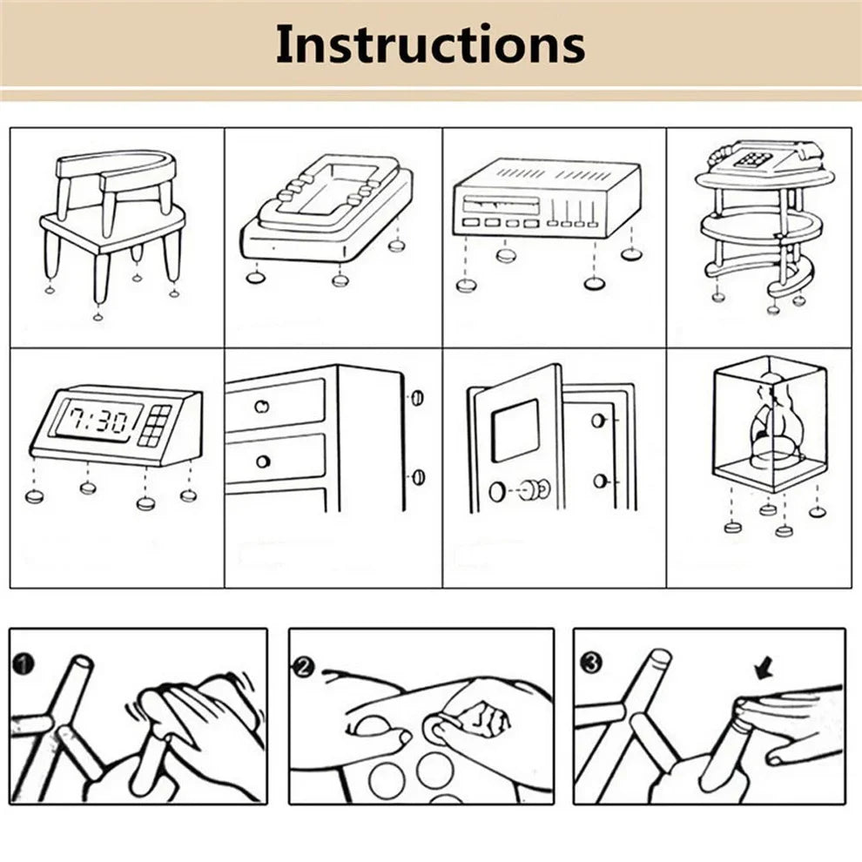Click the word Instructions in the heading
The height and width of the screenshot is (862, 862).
[430, 44]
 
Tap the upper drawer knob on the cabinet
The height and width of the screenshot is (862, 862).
[261, 407]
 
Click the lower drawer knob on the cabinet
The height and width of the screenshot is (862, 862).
[262, 461]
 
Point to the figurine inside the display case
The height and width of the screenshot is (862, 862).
[767, 427]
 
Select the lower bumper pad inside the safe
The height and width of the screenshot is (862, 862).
[599, 480]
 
